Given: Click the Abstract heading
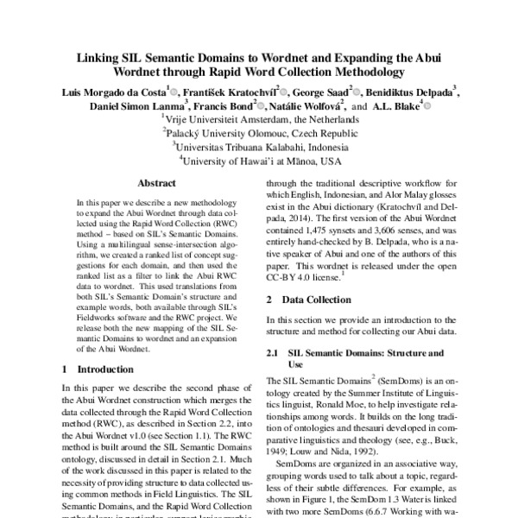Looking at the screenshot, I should pos(156,183).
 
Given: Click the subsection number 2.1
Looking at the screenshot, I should pos(273,353).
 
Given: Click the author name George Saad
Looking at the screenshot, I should pos(316,92).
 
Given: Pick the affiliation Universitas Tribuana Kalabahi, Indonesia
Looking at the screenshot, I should pos(259,147).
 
